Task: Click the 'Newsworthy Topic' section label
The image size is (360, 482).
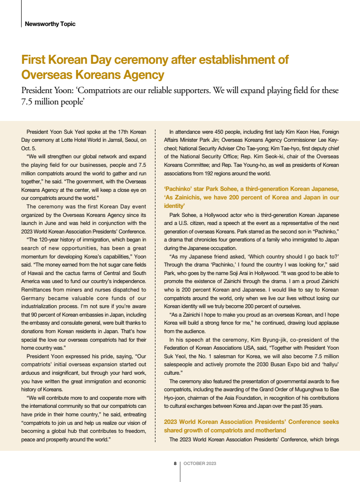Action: click(50, 24)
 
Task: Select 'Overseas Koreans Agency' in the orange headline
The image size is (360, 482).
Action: click(93, 75)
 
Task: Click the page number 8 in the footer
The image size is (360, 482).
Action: click(175, 464)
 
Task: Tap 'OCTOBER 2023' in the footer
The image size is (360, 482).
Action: click(200, 464)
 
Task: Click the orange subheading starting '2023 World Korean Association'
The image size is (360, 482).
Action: click(251, 422)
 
